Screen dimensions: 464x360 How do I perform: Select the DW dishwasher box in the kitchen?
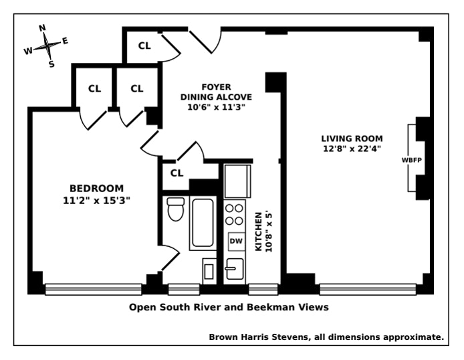point(235,240)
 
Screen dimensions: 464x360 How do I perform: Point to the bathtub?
point(203,223)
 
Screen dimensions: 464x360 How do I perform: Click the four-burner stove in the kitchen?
point(235,214)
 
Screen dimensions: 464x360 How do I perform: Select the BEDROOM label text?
point(97,188)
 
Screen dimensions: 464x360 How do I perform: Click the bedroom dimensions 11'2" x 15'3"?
point(97,199)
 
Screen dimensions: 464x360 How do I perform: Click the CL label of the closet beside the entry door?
point(144,46)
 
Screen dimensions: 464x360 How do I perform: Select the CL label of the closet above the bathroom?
point(177,173)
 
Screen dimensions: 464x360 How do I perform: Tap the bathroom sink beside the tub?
point(209,271)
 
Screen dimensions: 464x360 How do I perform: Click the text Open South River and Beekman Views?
point(229,308)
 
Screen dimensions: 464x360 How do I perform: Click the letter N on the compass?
point(41,28)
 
